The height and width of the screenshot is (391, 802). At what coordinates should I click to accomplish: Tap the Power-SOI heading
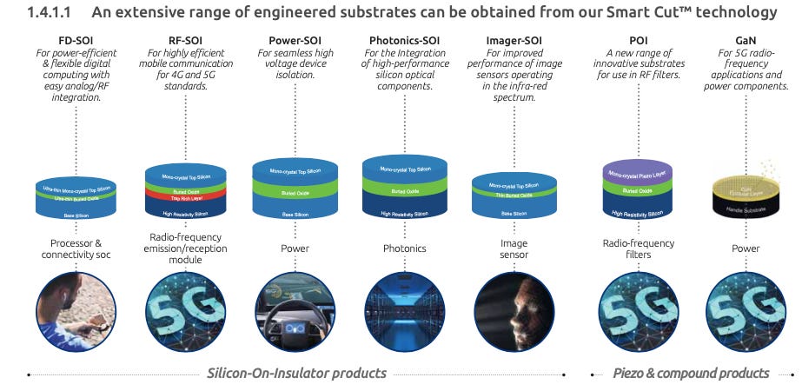point(292,40)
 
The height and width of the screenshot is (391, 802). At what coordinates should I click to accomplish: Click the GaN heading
point(745,40)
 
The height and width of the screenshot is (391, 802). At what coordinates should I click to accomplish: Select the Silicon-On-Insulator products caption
point(296,373)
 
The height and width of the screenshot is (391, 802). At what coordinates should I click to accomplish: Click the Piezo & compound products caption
point(691,373)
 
